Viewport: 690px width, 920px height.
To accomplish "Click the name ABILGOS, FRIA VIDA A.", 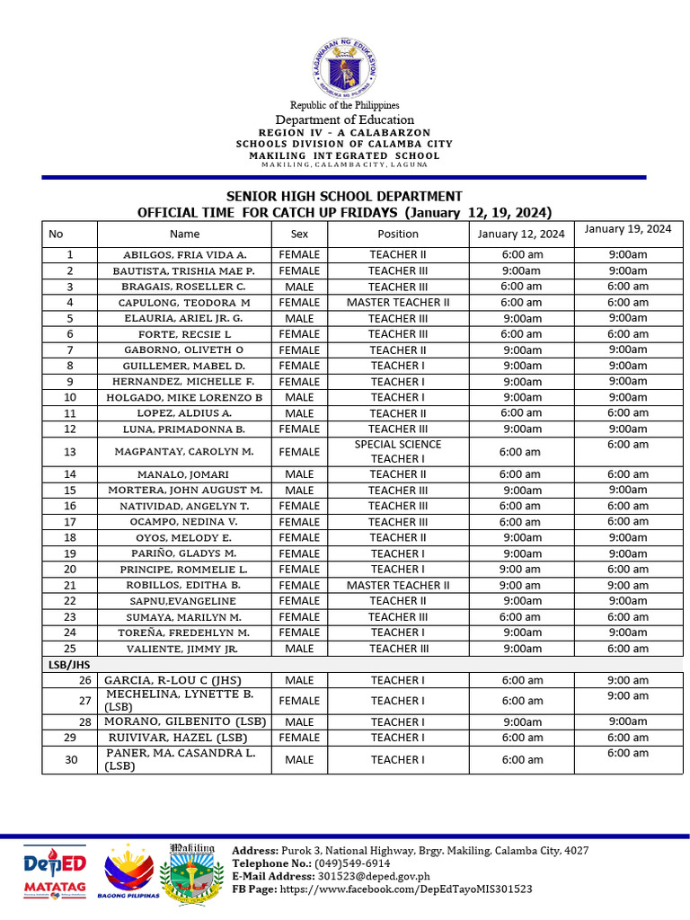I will (x=184, y=255).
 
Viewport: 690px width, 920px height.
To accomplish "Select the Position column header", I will (x=397, y=234).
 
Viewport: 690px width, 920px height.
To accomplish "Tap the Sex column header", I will (x=299, y=234).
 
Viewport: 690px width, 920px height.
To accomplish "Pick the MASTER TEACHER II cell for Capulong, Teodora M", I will (x=397, y=303).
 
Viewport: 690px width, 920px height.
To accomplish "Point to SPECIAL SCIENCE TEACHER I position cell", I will (x=397, y=451).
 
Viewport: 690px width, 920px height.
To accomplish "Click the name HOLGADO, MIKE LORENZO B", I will (x=184, y=397).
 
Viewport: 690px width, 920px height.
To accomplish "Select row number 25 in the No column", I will (x=69, y=648).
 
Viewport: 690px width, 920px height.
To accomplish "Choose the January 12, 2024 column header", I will (x=520, y=234).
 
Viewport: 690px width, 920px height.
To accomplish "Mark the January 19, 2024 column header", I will (x=627, y=229).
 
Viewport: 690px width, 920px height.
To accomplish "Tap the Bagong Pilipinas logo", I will (x=128, y=871).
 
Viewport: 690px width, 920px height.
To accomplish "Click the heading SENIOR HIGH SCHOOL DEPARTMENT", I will (x=344, y=196).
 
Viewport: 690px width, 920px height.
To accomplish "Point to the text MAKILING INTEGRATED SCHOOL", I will (x=344, y=155).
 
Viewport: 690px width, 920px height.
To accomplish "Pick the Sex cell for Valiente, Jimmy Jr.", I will (x=299, y=648).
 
